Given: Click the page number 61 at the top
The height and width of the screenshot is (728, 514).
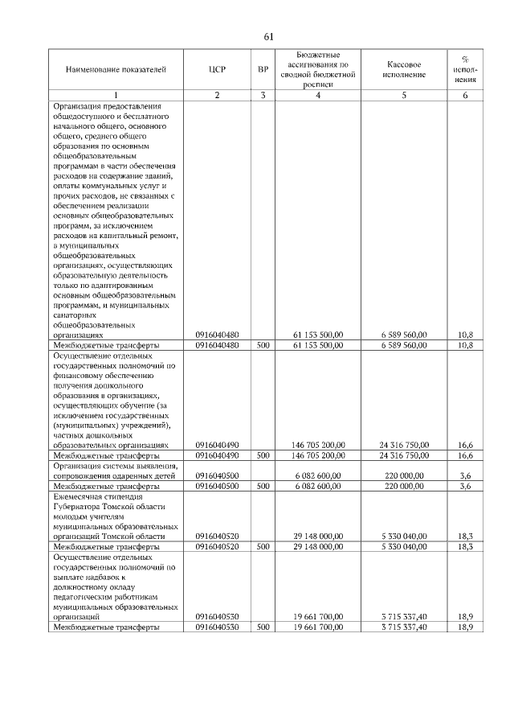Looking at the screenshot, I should tap(268, 36).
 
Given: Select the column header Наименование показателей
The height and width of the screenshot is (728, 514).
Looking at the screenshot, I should tap(116, 70).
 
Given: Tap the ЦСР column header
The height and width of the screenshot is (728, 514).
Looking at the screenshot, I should tap(216, 70).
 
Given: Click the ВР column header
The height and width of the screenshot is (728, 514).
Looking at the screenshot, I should tap(263, 70).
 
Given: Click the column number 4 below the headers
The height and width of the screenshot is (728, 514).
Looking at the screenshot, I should tap(319, 96).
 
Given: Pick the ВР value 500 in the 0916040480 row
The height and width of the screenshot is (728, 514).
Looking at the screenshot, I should tap(263, 345).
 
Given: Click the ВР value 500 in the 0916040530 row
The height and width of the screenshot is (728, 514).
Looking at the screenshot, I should tap(263, 627).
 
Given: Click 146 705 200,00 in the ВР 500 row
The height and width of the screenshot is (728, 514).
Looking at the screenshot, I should tap(319, 455).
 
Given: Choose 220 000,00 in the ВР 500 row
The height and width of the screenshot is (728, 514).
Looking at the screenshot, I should tap(404, 486).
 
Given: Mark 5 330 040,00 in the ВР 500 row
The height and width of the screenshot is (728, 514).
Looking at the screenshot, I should tap(404, 545).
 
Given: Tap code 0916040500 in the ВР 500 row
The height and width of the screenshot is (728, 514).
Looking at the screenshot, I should tap(216, 486).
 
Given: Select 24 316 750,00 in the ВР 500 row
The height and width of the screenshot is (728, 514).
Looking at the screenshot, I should tap(404, 455).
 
